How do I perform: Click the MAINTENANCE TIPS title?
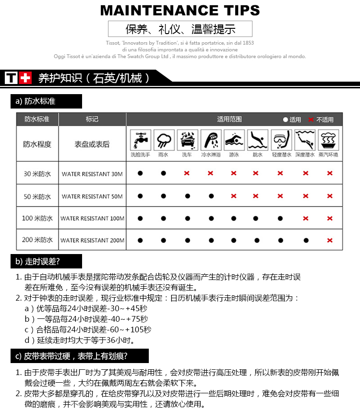tap(180, 10)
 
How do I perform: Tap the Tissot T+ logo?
tap(18, 78)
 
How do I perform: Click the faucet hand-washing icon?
tap(140, 140)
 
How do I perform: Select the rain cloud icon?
tap(164, 140)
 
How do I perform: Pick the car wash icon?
tap(187, 140)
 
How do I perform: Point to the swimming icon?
tap(234, 140)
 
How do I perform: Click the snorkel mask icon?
tap(281, 140)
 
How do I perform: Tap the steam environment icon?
tap(329, 140)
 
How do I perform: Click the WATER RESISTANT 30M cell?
tap(92, 174)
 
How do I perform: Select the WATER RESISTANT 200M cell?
tap(92, 240)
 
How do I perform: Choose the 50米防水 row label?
tap(37, 196)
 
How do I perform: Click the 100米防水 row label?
tap(37, 219)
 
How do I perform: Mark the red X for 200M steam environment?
tap(330, 240)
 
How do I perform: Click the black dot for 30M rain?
tap(164, 173)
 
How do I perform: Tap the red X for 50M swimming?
tap(234, 196)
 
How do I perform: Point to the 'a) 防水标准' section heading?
tap(46, 101)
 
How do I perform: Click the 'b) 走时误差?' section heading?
tap(46, 261)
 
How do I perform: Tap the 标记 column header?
tap(92, 119)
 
